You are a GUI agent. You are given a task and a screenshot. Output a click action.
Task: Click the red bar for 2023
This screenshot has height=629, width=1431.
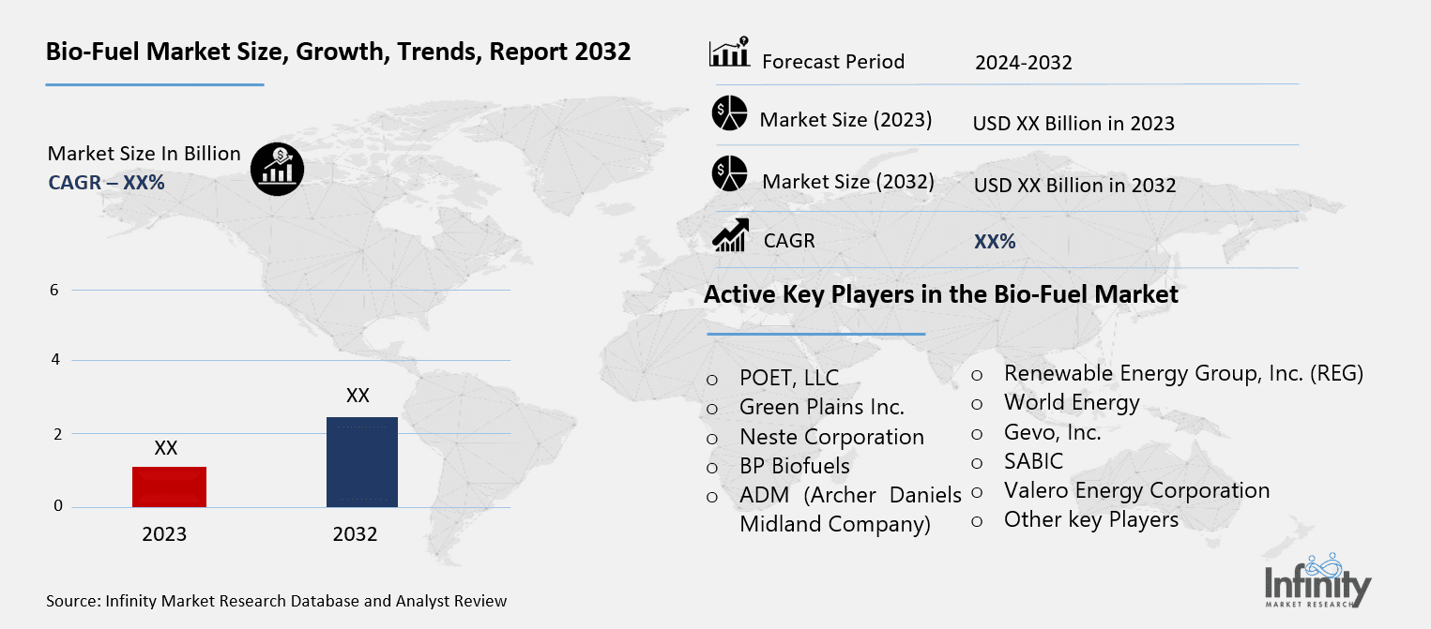click(x=169, y=487)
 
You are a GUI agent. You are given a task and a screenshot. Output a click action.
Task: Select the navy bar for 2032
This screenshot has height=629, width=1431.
click(x=362, y=462)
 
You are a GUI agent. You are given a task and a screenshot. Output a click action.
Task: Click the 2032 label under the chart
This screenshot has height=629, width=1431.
click(x=355, y=535)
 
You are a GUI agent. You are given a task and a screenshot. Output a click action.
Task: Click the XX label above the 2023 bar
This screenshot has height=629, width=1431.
click(x=166, y=449)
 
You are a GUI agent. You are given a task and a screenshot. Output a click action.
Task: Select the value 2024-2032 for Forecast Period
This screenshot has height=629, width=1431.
click(x=1023, y=63)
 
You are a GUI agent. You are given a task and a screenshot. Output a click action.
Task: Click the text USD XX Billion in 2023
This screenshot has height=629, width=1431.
click(x=1073, y=123)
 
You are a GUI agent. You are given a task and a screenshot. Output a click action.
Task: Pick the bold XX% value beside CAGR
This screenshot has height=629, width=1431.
click(x=995, y=242)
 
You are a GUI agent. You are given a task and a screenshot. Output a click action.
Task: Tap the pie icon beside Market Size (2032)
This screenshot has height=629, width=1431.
click(x=729, y=174)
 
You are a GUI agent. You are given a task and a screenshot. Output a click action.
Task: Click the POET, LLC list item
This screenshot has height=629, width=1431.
click(x=789, y=379)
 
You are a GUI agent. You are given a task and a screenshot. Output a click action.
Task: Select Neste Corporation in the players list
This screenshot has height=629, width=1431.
click(x=831, y=437)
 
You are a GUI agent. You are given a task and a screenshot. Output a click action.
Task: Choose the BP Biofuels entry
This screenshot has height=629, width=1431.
click(x=794, y=466)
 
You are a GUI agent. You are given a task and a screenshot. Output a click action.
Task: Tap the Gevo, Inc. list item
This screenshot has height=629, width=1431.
click(x=1052, y=432)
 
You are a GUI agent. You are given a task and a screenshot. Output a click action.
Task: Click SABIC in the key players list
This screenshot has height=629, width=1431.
click(x=1033, y=461)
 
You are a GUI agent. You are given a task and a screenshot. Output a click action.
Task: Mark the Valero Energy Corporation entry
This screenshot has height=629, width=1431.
click(x=1136, y=490)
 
